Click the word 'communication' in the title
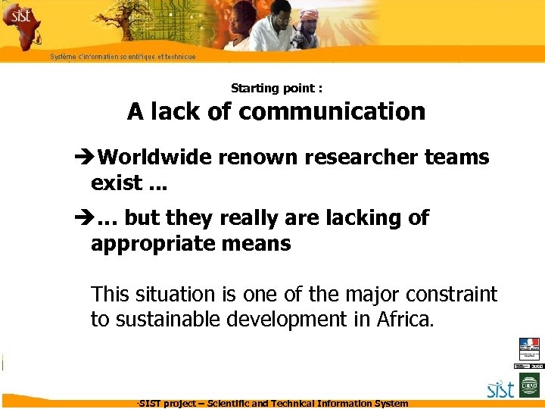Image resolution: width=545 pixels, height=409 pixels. (x=332, y=112)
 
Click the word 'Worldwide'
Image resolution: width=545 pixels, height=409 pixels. (x=155, y=158)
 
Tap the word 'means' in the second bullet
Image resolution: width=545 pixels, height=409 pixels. (x=263, y=244)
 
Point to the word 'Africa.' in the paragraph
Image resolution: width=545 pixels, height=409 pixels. (x=406, y=320)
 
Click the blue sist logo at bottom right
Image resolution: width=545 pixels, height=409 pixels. (x=500, y=389)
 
